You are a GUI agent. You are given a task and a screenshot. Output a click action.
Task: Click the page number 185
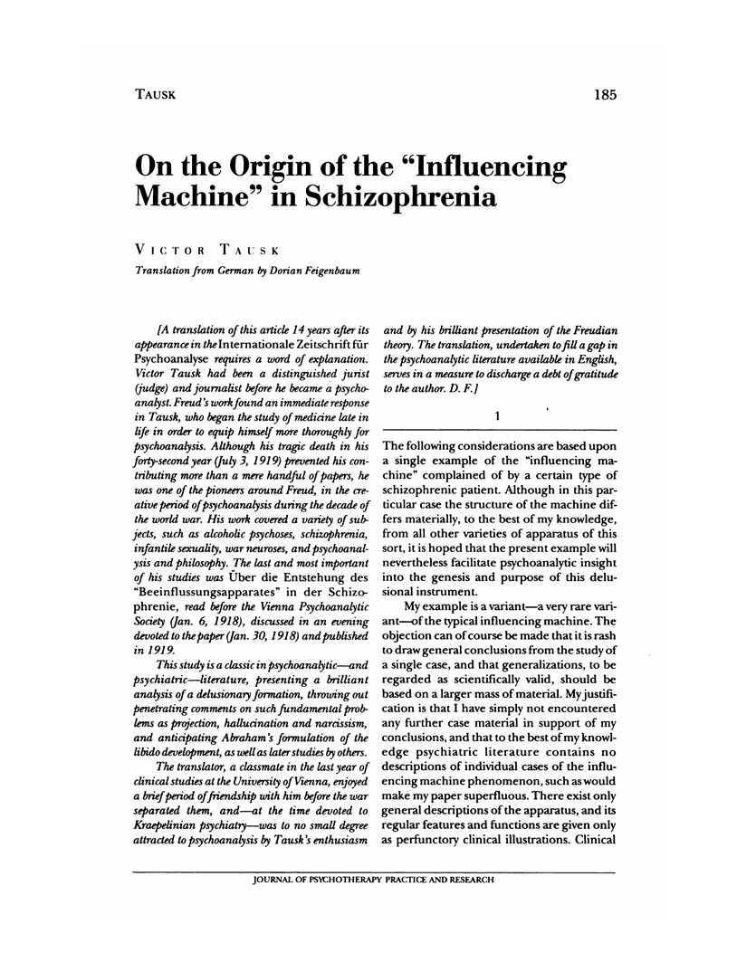click(x=601, y=92)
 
